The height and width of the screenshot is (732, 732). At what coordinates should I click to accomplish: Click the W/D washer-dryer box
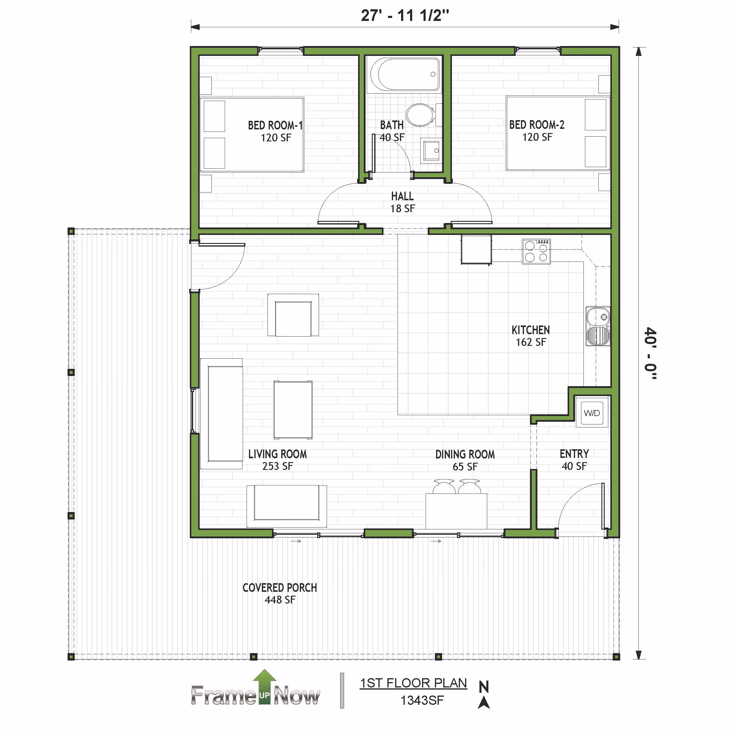point(592,412)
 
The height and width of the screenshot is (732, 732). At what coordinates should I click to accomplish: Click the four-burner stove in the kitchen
point(536,251)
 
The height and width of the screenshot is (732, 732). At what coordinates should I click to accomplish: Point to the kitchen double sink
point(598,326)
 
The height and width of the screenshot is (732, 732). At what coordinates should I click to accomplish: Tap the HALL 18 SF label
point(402,202)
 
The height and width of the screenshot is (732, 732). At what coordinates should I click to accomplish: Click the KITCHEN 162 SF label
point(531,336)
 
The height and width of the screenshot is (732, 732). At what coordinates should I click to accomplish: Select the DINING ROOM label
point(465,454)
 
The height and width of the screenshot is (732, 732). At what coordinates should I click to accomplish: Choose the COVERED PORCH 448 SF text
point(279,593)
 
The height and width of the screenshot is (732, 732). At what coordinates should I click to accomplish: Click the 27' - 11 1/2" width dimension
point(405,16)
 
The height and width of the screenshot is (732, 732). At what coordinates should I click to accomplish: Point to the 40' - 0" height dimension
point(650,353)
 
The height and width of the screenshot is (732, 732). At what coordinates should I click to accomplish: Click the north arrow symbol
point(484,694)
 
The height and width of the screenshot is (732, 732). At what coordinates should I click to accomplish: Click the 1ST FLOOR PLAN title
point(413,683)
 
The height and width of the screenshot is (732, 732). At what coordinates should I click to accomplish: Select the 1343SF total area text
point(422,700)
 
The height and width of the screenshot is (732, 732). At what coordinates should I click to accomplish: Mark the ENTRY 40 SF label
point(574,460)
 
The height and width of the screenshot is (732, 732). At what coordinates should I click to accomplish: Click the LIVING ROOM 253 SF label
point(277,460)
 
